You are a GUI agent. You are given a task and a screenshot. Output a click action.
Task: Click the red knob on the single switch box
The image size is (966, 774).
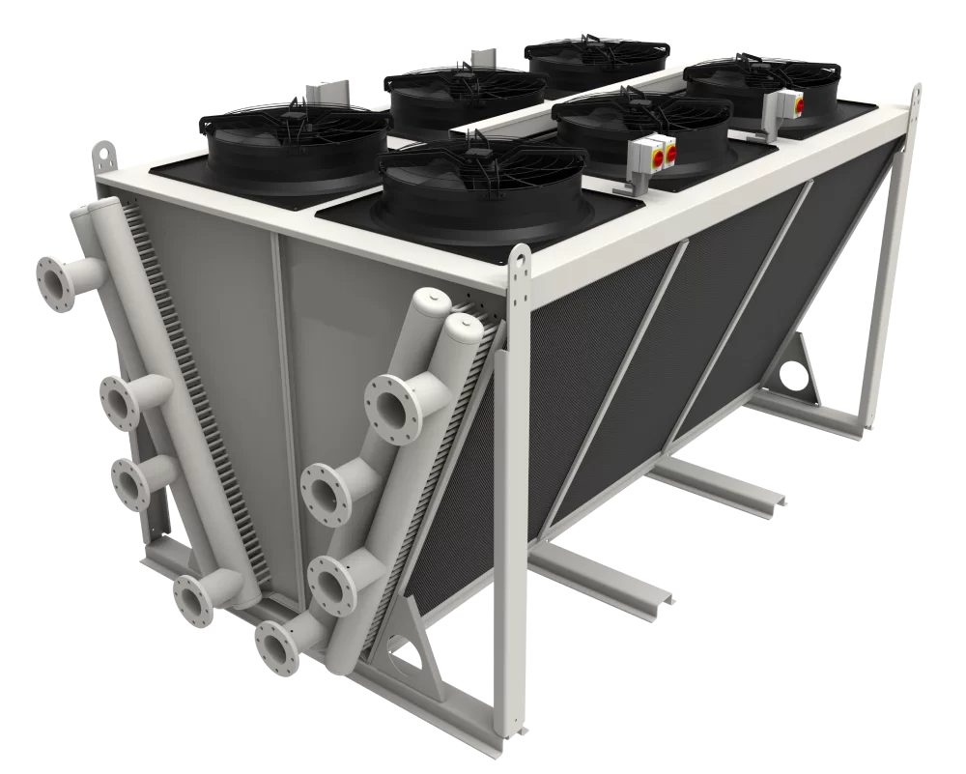point(798,100)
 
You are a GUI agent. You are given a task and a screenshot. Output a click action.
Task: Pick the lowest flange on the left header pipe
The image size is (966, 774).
point(193,599)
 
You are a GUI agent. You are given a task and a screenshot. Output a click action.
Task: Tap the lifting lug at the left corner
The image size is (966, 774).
point(102,156)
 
